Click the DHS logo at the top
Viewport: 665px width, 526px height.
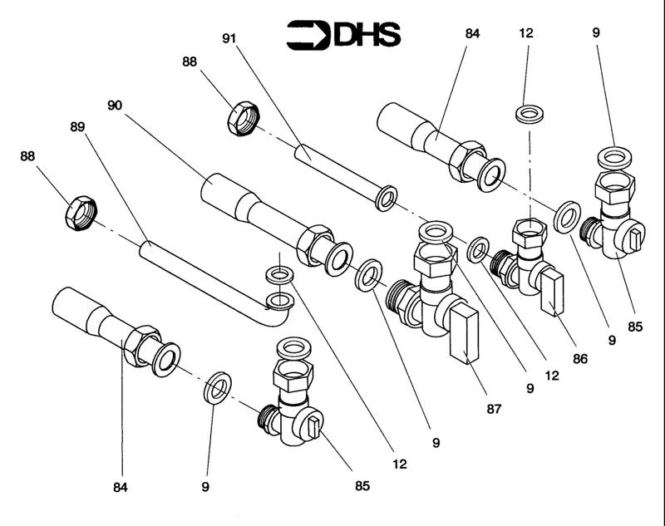(x=343, y=35)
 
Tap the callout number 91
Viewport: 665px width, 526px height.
(x=229, y=38)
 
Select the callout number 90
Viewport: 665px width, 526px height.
(x=115, y=105)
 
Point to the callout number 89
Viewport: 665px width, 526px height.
(x=77, y=127)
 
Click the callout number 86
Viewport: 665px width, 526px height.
(x=580, y=359)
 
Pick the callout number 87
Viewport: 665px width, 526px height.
(x=494, y=409)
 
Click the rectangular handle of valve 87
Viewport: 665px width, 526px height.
(x=464, y=336)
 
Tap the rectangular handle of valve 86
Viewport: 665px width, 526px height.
(x=552, y=293)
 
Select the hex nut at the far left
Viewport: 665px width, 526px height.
(x=81, y=214)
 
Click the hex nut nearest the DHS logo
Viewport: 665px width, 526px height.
(x=243, y=119)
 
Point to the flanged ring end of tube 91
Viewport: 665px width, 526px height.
(x=387, y=198)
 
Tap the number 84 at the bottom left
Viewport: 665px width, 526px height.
(x=121, y=488)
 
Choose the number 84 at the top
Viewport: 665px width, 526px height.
(x=472, y=33)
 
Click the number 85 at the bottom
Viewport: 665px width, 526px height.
(x=362, y=486)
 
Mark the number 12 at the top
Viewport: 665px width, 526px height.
(x=526, y=33)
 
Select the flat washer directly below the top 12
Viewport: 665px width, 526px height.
(x=530, y=114)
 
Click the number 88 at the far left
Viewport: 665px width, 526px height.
(x=27, y=156)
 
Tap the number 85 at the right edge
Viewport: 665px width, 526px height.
(x=635, y=327)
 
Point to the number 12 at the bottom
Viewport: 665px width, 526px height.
(x=400, y=465)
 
